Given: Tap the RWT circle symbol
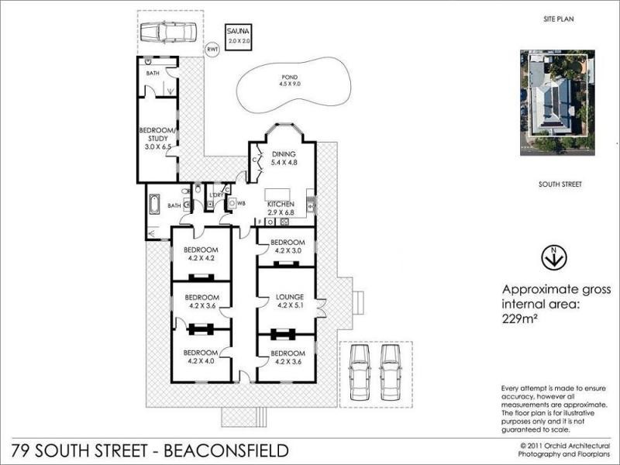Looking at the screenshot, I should point(212,50).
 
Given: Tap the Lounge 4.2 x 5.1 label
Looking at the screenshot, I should point(285,301).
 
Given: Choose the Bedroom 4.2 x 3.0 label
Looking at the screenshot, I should point(285,246).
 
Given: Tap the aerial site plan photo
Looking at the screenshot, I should point(556,102).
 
